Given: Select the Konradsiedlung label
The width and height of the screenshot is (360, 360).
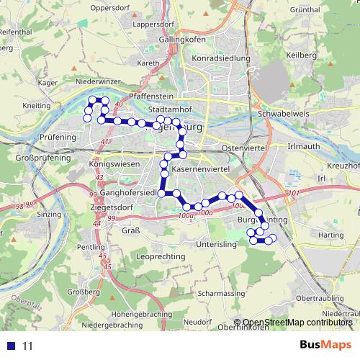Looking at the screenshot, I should click(x=221, y=58).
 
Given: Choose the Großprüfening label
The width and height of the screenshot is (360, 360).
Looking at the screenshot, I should click(x=43, y=156).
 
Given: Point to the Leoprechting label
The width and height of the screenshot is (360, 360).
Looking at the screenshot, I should click(x=161, y=256).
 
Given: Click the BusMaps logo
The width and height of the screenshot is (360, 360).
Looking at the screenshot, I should click(x=325, y=346).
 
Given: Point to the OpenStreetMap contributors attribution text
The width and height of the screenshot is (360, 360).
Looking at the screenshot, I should click(x=297, y=323).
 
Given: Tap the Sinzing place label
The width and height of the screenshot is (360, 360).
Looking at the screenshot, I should click(x=49, y=215).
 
